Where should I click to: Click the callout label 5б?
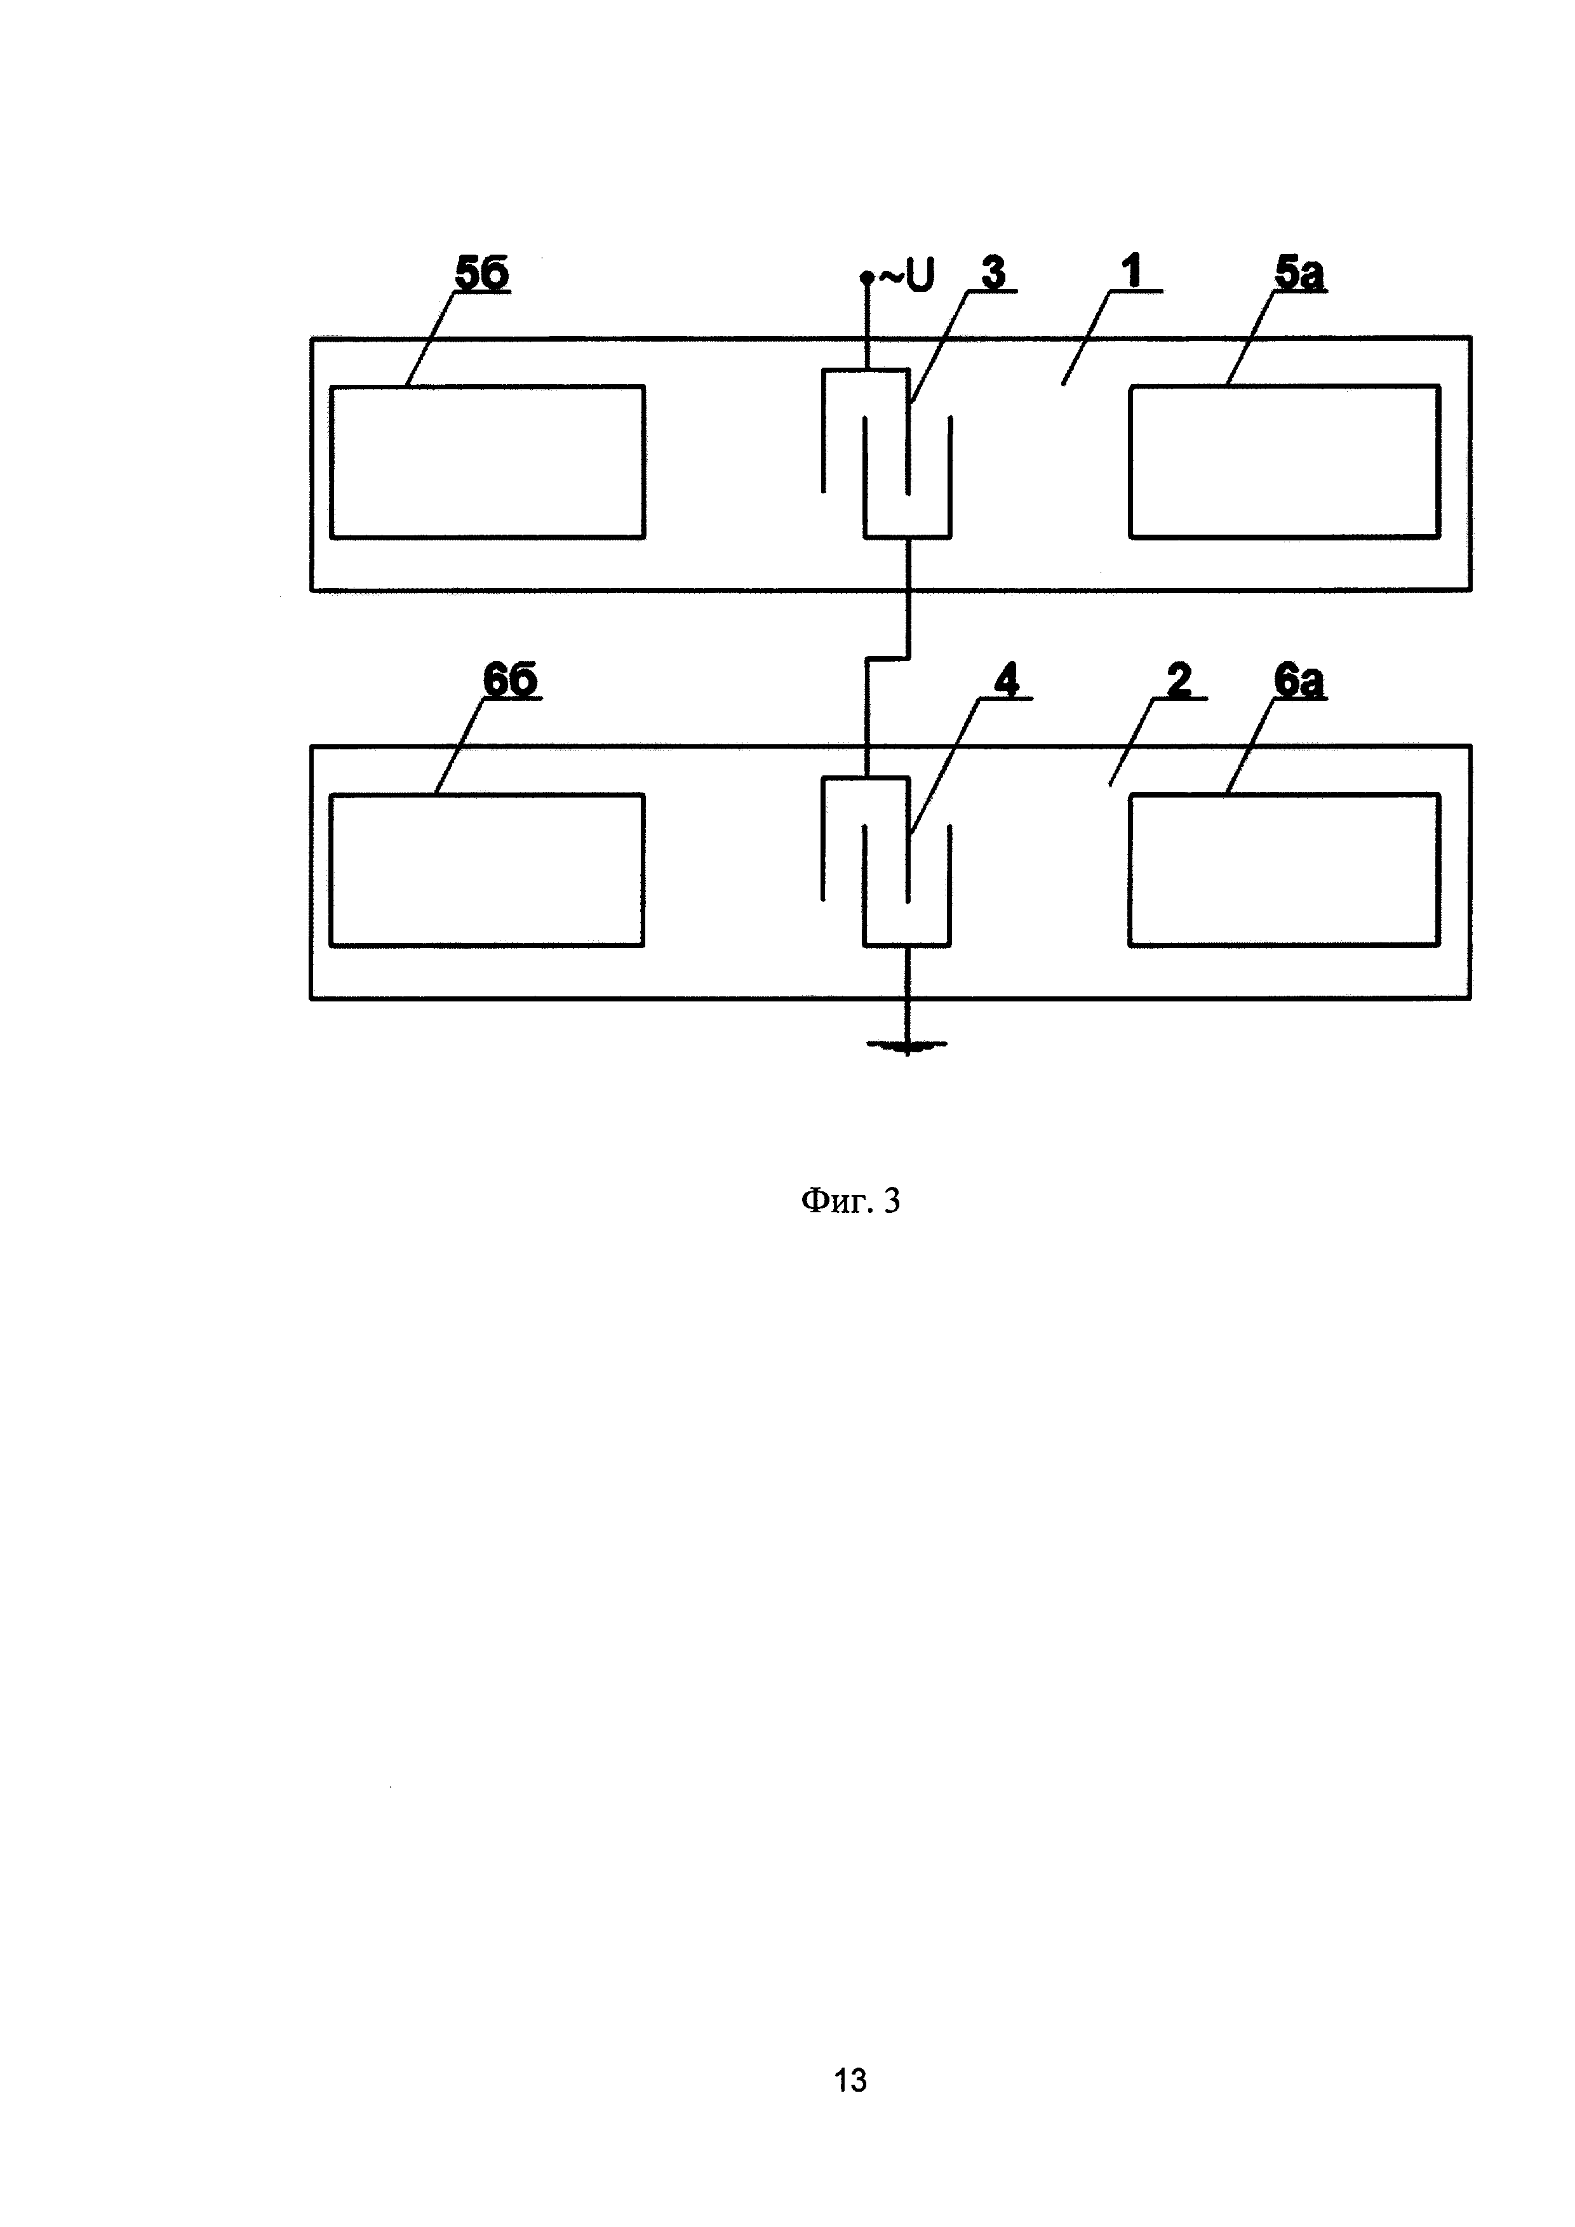pos(482,274)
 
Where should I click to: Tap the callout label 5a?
pos(1299,274)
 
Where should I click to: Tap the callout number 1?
pos(1131,272)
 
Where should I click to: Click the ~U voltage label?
pos(907,278)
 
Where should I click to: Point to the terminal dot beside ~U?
pos(866,278)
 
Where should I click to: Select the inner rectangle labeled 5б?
pos(487,462)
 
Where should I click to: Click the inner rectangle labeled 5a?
pos(1284,462)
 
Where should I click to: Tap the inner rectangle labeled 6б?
pos(487,870)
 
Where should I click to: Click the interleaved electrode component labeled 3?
pos(887,452)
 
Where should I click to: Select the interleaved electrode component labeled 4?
pos(887,860)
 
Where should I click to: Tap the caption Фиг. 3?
pos(850,1201)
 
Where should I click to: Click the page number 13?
pos(850,2080)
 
